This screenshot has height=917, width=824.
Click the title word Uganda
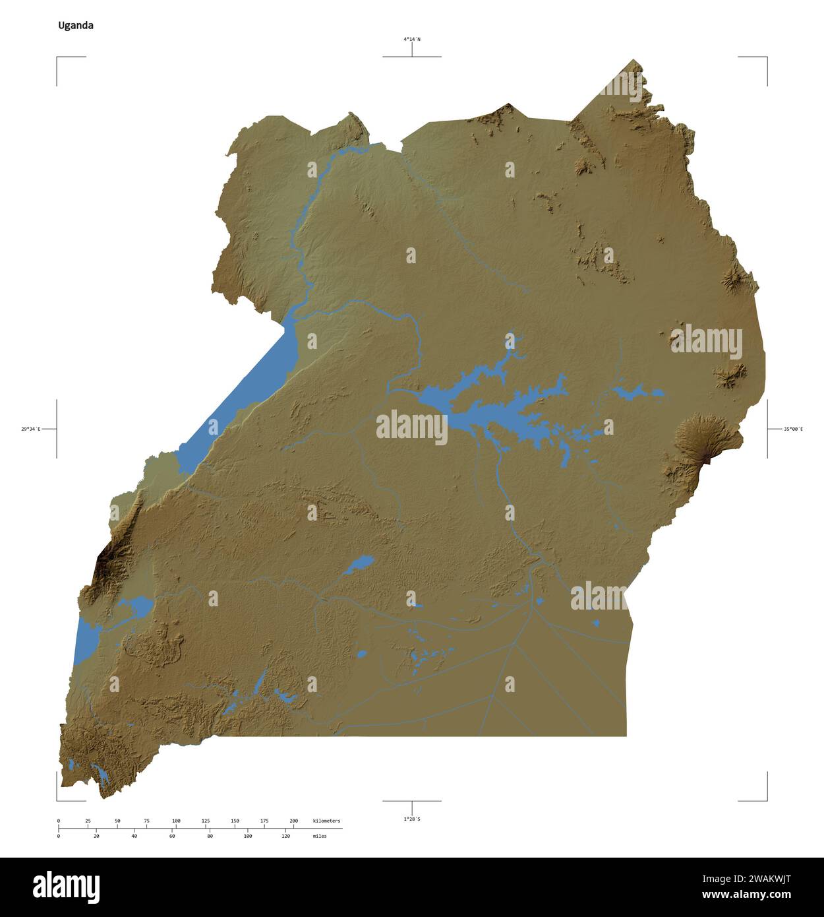pyautogui.click(x=76, y=26)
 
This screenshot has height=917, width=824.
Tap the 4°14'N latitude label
pyautogui.click(x=412, y=40)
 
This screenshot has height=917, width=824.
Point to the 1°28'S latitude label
pyautogui.click(x=412, y=819)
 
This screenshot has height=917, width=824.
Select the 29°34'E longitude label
pyautogui.click(x=30, y=429)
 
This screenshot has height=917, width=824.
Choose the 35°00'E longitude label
pyautogui.click(x=793, y=429)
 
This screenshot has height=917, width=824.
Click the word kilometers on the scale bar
pyautogui.click(x=326, y=821)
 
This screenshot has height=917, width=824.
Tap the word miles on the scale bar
pyautogui.click(x=319, y=836)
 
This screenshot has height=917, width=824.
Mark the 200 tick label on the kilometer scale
pyautogui.click(x=294, y=821)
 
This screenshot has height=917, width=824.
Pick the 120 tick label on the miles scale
pyautogui.click(x=285, y=836)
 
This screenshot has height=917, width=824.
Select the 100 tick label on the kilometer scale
pyautogui.click(x=176, y=821)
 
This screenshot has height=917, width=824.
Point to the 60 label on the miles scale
pyautogui.click(x=172, y=836)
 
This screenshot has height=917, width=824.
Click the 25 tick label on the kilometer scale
pyautogui.click(x=88, y=821)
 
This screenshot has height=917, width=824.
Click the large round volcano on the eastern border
pyautogui.click(x=700, y=438)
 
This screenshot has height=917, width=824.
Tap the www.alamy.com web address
pyautogui.click(x=746, y=895)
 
